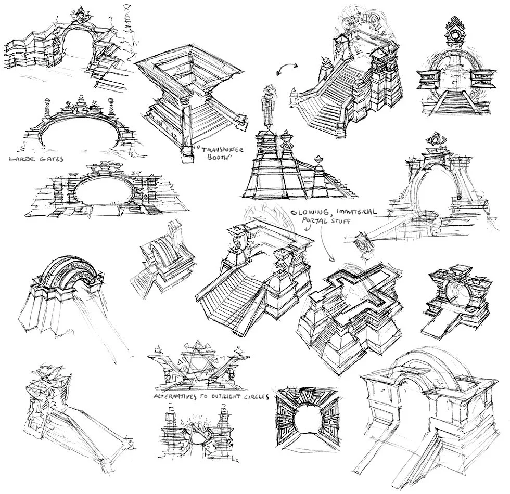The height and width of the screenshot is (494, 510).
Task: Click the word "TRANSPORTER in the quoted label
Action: tap(221, 150)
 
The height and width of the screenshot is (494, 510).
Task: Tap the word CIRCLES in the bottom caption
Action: tap(256, 397)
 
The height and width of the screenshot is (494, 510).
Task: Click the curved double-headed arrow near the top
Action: tap(287, 66)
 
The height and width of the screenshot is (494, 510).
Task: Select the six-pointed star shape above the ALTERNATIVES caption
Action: tap(196, 360)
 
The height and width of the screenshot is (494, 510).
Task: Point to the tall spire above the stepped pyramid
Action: tap(269, 106)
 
